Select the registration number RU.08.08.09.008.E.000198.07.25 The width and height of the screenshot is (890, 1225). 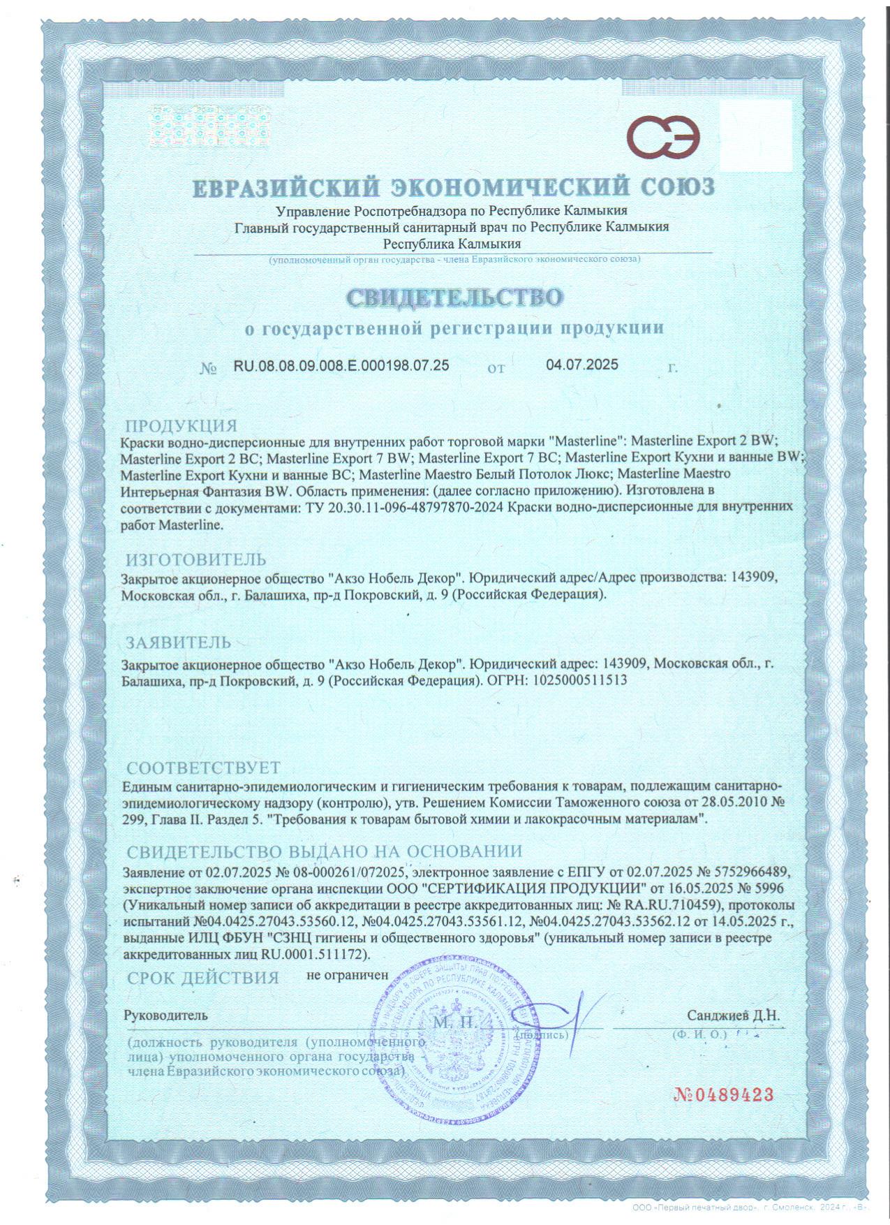pos(341,365)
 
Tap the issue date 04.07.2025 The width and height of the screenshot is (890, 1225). pos(582,365)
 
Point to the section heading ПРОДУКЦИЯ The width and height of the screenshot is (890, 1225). pos(181,425)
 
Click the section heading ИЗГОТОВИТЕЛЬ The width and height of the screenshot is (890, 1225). pos(195,559)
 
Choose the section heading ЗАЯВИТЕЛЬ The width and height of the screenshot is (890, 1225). pos(177,641)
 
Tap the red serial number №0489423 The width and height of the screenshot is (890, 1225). pos(724,1094)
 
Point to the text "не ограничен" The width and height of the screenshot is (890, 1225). pos(347,974)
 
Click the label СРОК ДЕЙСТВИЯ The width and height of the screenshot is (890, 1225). pos(202,977)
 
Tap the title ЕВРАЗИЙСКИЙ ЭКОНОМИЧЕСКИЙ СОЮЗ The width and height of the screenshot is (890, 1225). pos(454,187)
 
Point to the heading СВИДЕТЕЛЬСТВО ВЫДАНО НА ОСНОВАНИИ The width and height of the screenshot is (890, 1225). pos(324,851)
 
